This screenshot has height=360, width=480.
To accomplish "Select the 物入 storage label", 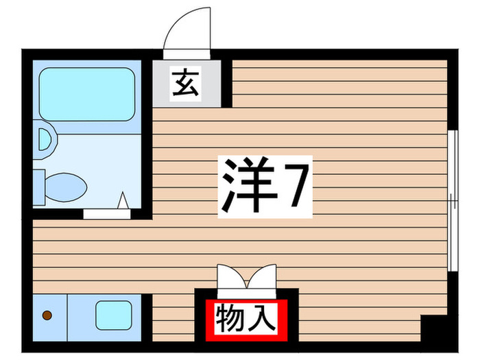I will tap(245, 318).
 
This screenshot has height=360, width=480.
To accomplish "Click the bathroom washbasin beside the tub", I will tap(46, 139).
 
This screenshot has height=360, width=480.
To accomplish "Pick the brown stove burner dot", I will tap(47, 315).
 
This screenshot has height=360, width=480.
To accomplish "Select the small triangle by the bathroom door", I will tap(124, 202).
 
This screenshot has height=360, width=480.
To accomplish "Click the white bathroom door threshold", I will tap(107, 213).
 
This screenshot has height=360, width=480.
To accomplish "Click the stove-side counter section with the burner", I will tap(49, 315).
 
